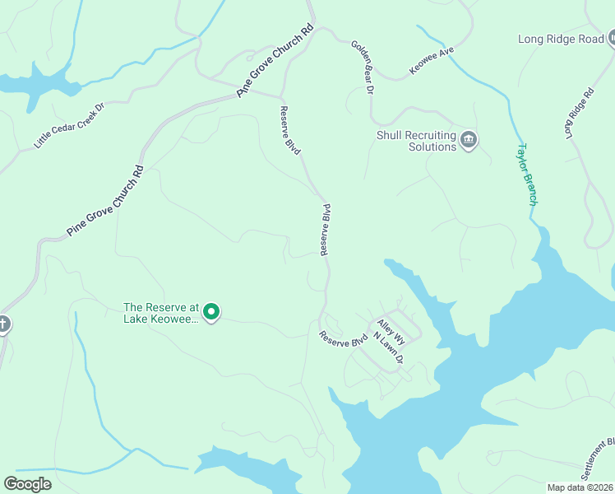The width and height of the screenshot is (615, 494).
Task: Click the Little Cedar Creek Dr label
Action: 70,126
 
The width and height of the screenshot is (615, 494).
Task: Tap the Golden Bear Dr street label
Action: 363,67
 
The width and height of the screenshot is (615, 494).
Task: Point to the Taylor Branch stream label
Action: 526,175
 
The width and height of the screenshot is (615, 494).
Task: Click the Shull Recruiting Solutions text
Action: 416,141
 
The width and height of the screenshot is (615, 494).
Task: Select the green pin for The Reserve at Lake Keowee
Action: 211,312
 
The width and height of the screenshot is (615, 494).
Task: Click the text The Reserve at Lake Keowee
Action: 161,313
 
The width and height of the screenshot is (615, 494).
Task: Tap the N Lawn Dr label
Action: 387,348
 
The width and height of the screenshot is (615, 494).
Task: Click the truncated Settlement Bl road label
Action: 598,459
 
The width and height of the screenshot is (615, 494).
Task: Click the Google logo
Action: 27,484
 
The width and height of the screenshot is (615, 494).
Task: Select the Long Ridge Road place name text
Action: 561,39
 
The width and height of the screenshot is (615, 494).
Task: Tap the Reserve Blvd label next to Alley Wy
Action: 344,338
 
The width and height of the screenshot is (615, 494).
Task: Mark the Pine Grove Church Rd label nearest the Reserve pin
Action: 105,202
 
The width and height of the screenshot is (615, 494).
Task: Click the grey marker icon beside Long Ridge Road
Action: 612,38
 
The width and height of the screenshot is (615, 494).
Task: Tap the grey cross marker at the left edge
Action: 2,324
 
